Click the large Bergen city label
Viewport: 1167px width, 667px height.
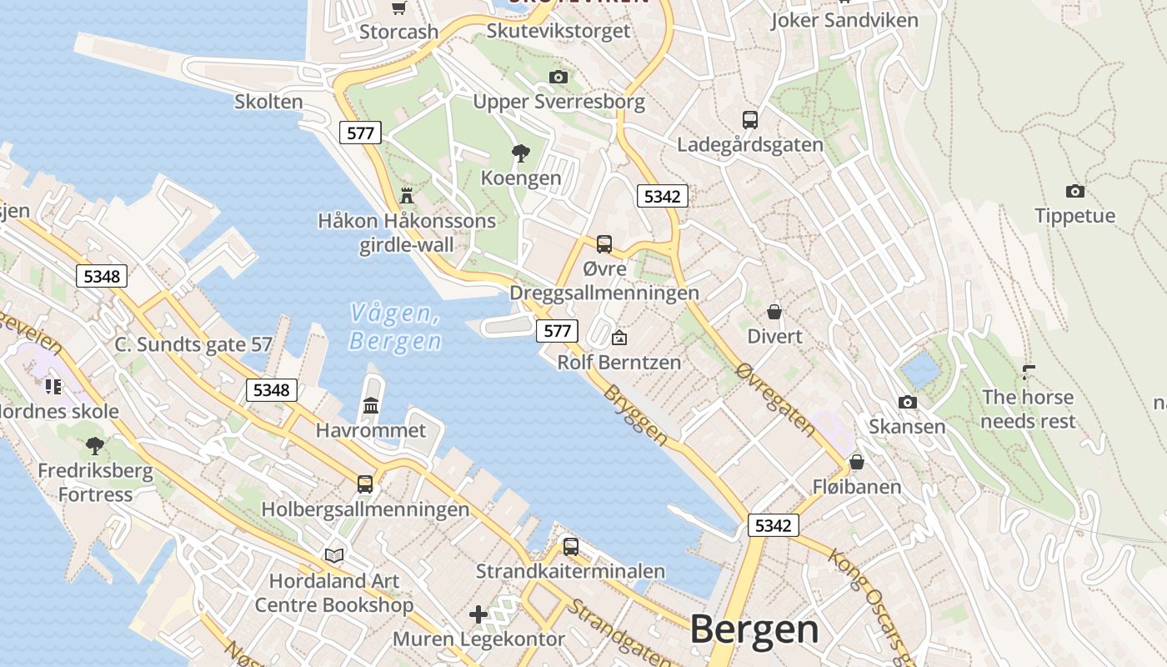[754, 629]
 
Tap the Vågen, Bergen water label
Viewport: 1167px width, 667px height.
[395, 327]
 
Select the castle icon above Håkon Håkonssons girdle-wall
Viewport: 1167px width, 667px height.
[407, 196]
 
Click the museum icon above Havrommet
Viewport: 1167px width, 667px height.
[371, 405]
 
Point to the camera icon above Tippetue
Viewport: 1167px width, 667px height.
[1075, 191]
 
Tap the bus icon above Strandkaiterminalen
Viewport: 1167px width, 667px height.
[570, 546]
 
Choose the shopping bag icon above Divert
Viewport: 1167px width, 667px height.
[774, 312]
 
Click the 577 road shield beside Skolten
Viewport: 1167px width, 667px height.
[360, 132]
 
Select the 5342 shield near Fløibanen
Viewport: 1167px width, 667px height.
[773, 525]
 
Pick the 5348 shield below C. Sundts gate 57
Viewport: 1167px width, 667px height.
[272, 389]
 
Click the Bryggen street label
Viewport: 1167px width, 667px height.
[635, 414]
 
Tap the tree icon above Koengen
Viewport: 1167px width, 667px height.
[521, 153]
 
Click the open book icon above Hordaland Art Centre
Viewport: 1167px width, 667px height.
[333, 555]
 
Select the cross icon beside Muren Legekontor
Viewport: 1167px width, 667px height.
[478, 615]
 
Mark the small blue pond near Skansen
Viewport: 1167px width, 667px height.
[920, 369]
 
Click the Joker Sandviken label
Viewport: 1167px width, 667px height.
[844, 20]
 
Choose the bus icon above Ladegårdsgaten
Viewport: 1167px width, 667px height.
[749, 119]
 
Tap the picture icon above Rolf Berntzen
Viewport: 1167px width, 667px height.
[619, 338]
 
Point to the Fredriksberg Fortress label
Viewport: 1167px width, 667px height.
[95, 482]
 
